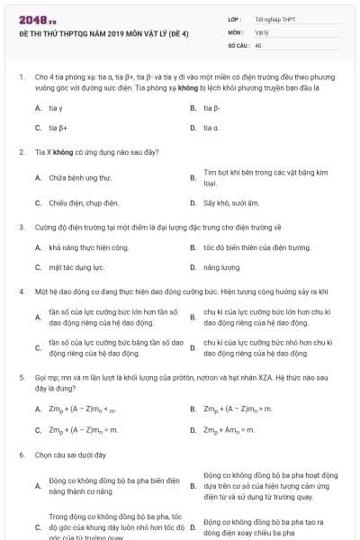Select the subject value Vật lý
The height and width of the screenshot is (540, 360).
[262, 31]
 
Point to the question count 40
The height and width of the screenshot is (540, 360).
[258, 44]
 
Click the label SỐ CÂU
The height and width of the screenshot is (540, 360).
[238, 44]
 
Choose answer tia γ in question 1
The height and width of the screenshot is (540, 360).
[57, 108]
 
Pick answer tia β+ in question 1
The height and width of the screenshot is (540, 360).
[58, 128]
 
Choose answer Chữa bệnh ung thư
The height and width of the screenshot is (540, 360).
[80, 177]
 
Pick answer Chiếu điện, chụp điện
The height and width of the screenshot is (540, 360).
[84, 202]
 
